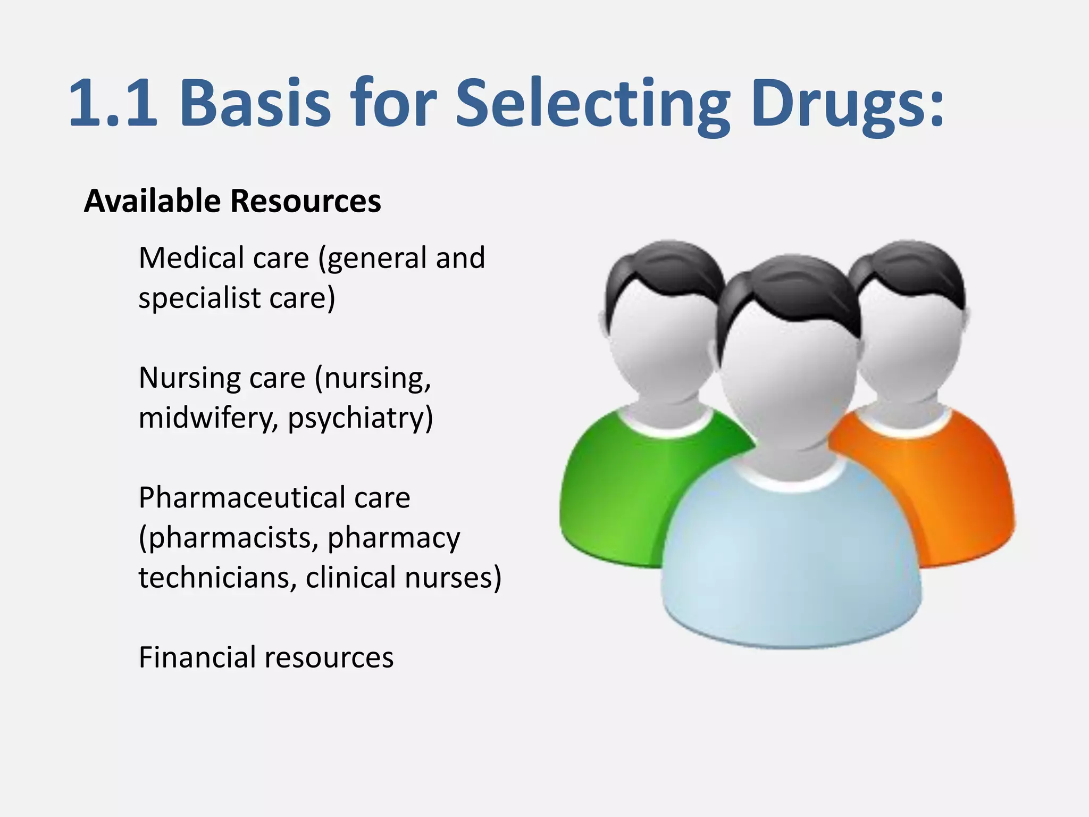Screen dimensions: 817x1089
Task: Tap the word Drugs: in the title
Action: tap(848, 104)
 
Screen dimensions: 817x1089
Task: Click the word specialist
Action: tap(199, 298)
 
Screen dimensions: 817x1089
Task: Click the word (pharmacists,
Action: tap(229, 538)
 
